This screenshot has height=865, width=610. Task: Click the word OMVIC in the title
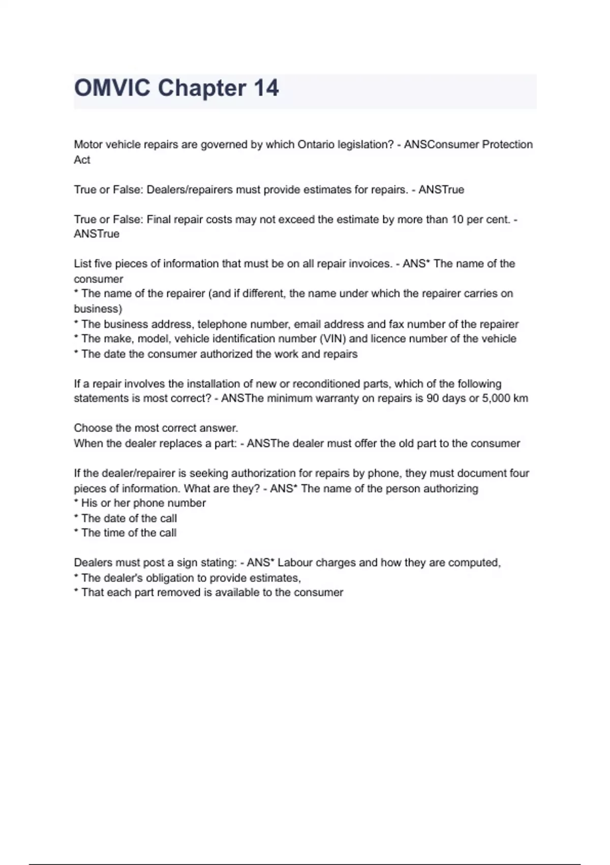(x=112, y=88)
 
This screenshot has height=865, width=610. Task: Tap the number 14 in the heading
(x=266, y=88)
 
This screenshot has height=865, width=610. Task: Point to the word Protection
(x=507, y=145)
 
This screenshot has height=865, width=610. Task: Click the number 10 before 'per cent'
(x=457, y=219)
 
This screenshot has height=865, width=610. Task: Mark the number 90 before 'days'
(x=433, y=398)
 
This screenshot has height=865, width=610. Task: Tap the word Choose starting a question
(x=93, y=428)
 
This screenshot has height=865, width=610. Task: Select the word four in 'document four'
(x=519, y=473)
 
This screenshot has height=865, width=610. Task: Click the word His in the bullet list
(x=89, y=503)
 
